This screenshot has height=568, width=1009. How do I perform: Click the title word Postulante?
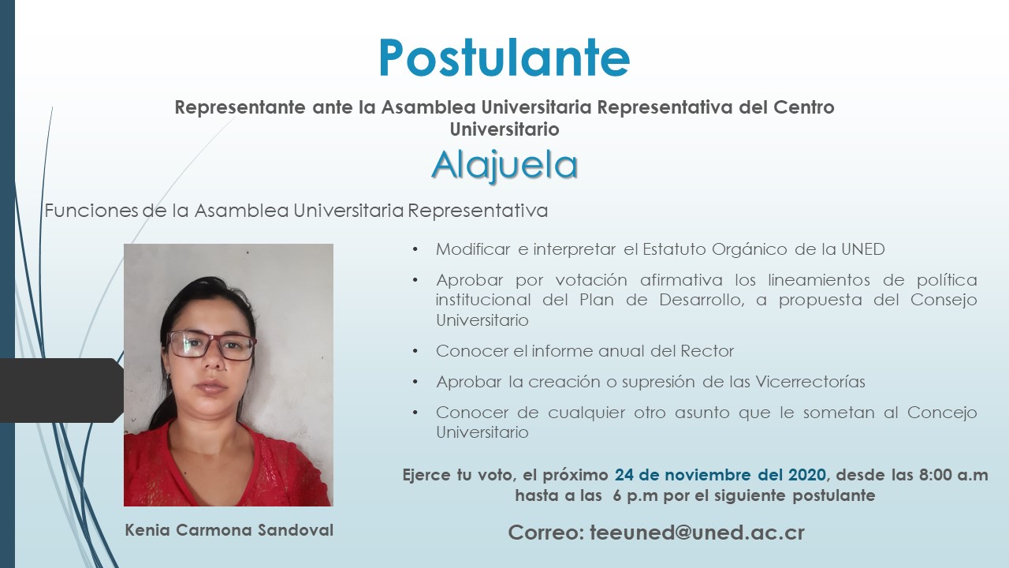(x=504, y=58)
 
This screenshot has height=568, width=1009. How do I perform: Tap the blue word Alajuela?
(x=504, y=166)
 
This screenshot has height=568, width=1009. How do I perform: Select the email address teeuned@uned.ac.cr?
(x=698, y=532)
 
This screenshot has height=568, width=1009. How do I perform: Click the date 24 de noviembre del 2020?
(x=720, y=475)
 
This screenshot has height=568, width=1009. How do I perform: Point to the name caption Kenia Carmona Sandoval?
(x=229, y=530)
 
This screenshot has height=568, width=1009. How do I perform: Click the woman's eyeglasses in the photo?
(x=210, y=346)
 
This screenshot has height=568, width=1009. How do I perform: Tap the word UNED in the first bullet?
(x=863, y=249)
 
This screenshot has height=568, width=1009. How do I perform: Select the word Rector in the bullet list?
(x=707, y=351)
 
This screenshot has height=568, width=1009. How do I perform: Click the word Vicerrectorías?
(x=810, y=382)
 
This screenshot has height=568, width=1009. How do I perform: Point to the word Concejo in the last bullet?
(x=942, y=413)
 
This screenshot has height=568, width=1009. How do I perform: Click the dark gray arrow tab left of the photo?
(x=61, y=390)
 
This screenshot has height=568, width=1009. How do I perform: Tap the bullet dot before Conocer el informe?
(x=415, y=351)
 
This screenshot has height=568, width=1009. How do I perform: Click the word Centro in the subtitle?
(x=804, y=107)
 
